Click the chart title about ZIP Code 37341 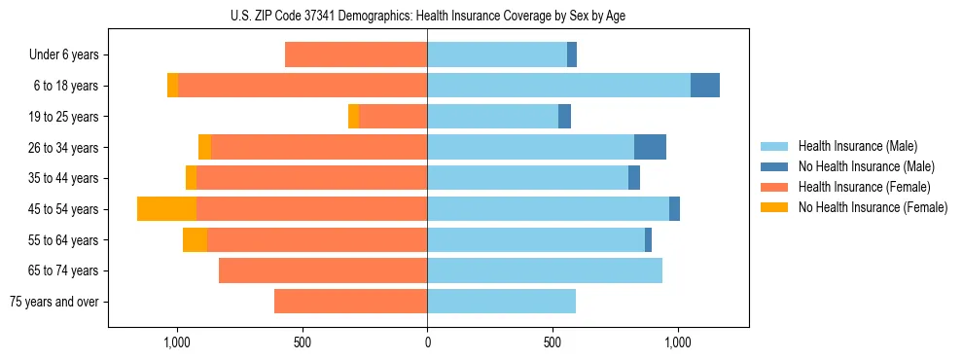(428, 16)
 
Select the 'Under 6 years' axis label (64, 55)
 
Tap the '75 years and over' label (54, 302)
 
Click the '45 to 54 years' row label (63, 209)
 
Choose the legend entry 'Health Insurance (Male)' (857, 146)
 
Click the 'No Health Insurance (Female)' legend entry (873, 207)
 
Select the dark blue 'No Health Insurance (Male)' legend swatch (776, 166)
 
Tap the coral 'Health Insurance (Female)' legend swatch (776, 187)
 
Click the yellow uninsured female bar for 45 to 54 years (166, 209)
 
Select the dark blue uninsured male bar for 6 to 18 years (705, 86)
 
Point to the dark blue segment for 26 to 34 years (650, 147)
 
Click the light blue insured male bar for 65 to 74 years (545, 270)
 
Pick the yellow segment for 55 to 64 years (195, 240)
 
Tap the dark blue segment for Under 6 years (572, 55)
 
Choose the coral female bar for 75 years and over (350, 302)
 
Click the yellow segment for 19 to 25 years (353, 117)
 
